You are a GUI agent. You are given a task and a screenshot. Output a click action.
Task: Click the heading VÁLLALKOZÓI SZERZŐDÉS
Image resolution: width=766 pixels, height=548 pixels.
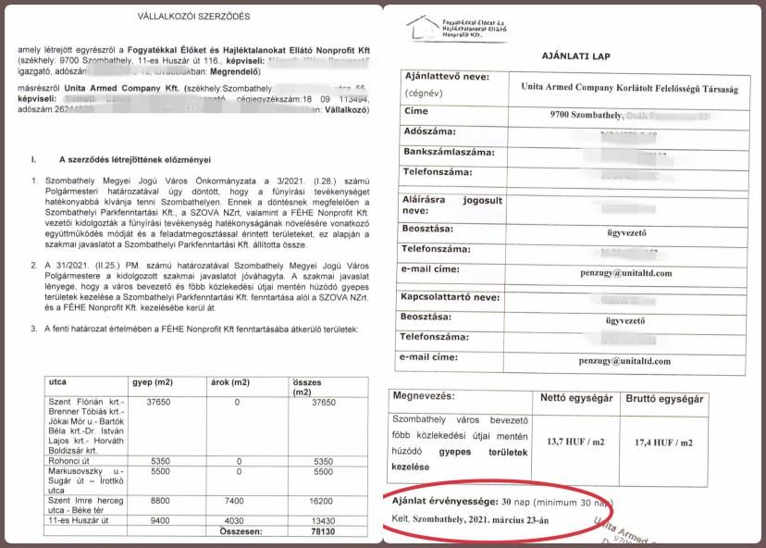coord(193,16)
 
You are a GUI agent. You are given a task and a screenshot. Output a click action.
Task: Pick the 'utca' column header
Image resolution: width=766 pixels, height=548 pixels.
coord(59,381)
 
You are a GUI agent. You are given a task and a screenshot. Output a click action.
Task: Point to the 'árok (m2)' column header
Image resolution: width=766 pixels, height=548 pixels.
coord(229,381)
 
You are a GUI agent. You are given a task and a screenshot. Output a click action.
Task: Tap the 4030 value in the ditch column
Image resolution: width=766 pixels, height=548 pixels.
coord(238,520)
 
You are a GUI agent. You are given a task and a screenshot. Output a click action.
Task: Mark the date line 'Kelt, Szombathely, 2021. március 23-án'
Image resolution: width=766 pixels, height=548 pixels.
coord(468,519)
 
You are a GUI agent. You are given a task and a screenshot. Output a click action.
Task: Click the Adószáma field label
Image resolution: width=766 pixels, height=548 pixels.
coord(430,131)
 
